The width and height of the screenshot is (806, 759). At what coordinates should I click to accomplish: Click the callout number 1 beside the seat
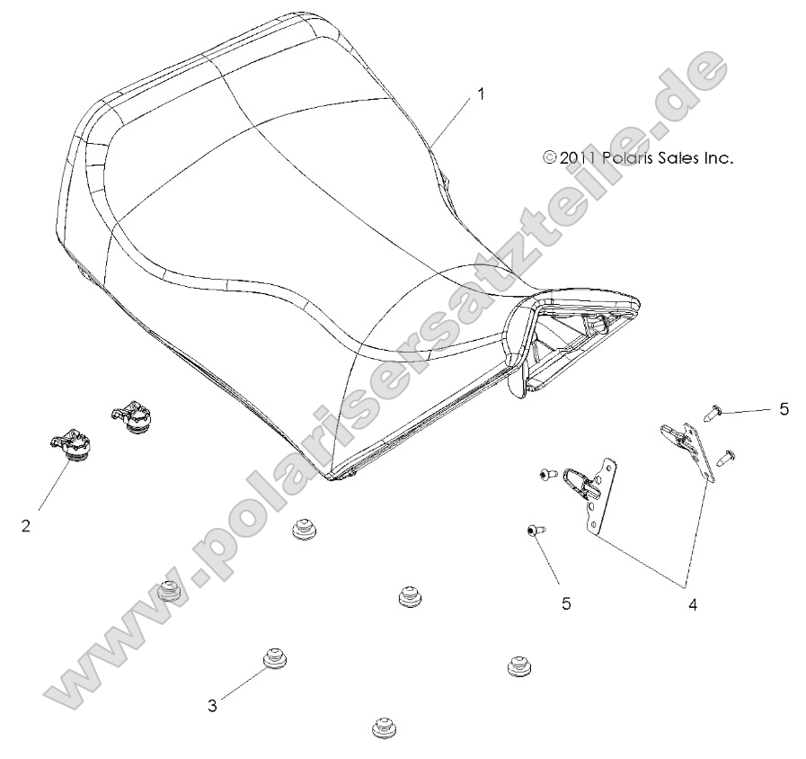pyautogui.click(x=481, y=94)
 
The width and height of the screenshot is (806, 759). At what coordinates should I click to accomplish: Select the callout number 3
pyautogui.click(x=212, y=706)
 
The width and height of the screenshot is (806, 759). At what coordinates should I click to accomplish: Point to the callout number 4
pyautogui.click(x=693, y=605)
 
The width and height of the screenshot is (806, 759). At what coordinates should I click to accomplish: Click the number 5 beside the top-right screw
pyautogui.click(x=784, y=409)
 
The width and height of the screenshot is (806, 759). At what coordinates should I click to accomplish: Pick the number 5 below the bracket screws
pyautogui.click(x=566, y=603)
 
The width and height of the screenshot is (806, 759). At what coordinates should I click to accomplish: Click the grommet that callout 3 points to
pyautogui.click(x=272, y=661)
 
